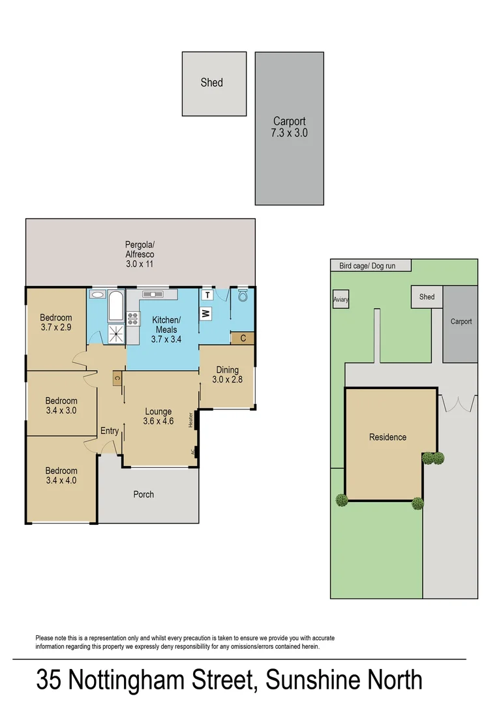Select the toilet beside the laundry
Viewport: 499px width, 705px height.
(243, 296)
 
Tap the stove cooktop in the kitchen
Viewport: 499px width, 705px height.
(133, 319)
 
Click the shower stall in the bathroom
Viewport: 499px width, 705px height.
(116, 334)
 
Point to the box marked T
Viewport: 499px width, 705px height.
(206, 296)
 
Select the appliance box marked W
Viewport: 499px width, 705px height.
(205, 315)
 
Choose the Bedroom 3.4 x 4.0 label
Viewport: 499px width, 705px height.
(61, 476)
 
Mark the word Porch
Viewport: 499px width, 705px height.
(144, 494)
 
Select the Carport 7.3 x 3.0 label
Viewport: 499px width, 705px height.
(289, 127)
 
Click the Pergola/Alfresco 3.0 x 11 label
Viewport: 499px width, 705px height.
(140, 254)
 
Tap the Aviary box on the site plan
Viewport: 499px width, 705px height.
(340, 300)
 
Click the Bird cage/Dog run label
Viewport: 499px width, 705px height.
(367, 266)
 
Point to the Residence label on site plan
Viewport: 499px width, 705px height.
(387, 437)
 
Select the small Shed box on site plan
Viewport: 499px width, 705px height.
(427, 297)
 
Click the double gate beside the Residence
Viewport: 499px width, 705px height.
(457, 403)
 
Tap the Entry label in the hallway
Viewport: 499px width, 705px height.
(110, 431)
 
